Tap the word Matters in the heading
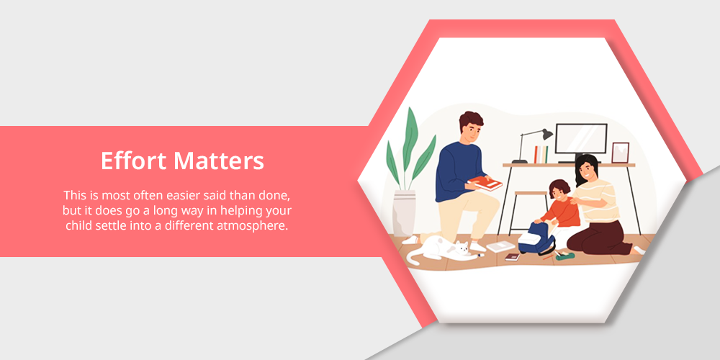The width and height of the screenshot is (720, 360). coord(219,161)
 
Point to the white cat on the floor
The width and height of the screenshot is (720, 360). coord(441,249)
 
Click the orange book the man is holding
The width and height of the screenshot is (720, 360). coord(485,184)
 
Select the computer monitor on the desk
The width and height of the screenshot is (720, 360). coord(581,139)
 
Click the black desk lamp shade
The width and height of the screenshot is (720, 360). coord(547,134)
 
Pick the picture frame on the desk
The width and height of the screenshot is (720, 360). coord(620,153)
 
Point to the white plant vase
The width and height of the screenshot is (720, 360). coord(404,213)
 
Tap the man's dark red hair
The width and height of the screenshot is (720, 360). coord(471,120)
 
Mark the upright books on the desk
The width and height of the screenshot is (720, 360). coord(541,154)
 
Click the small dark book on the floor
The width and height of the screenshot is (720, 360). coord(512,257)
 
